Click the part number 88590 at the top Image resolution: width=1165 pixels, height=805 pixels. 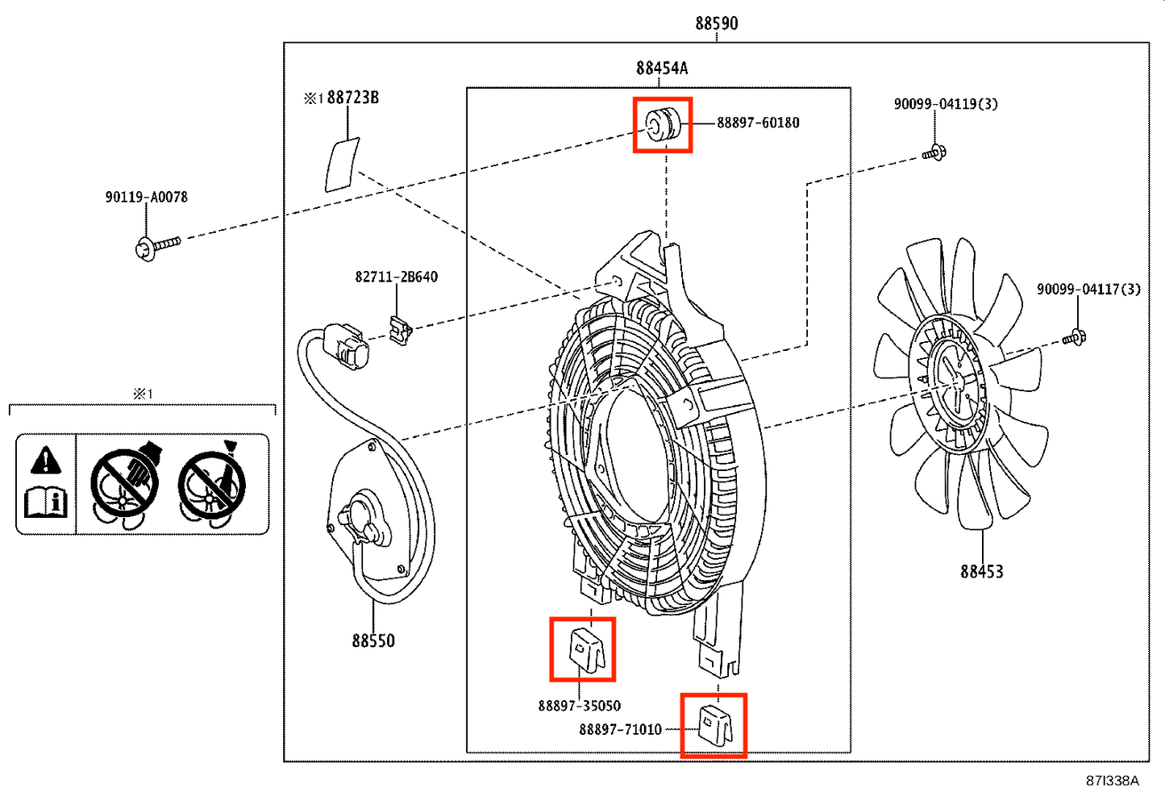(x=716, y=23)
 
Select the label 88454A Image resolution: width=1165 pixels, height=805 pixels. (x=662, y=69)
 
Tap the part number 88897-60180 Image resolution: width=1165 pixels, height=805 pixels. (x=758, y=123)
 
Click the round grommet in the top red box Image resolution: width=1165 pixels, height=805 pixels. (x=663, y=124)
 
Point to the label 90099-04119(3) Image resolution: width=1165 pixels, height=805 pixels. (x=946, y=104)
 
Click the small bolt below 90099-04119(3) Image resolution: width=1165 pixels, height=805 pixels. (x=934, y=153)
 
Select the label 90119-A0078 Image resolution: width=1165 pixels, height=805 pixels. (x=146, y=198)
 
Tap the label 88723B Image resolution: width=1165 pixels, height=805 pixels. (x=352, y=98)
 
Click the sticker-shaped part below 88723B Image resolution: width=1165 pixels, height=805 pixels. (x=342, y=165)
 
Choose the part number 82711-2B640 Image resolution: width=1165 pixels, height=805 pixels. (x=397, y=277)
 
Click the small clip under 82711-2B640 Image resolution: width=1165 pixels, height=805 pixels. (x=401, y=330)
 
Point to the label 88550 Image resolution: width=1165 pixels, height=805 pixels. (x=373, y=640)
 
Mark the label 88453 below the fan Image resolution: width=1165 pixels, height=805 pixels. (x=981, y=572)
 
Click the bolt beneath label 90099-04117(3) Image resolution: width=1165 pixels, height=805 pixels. (x=1074, y=337)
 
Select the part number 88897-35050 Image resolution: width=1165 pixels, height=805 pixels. (x=579, y=706)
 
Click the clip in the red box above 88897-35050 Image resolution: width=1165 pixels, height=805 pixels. (x=587, y=649)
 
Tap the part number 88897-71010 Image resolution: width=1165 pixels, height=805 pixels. (x=620, y=729)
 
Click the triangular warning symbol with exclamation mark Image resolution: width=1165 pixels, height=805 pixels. (x=46, y=461)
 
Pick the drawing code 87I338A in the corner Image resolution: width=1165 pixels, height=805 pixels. (x=1112, y=781)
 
